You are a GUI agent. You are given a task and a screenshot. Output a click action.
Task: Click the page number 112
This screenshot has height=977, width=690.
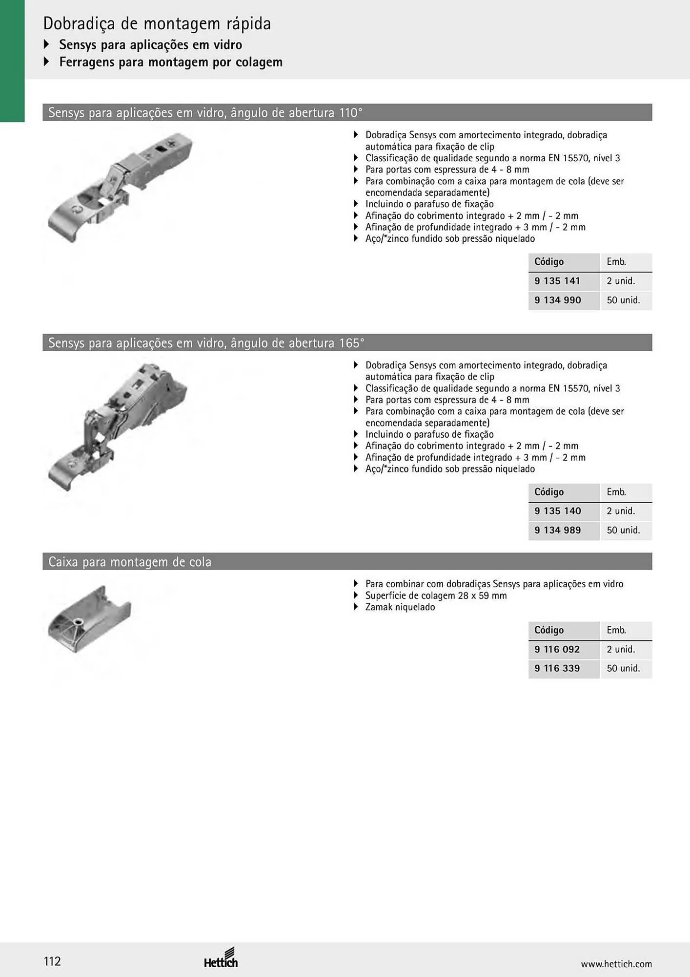[x=52, y=961]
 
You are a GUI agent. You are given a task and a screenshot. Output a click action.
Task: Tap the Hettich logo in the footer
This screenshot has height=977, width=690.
[x=221, y=958]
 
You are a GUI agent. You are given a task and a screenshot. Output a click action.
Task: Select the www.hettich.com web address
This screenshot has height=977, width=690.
[x=616, y=964]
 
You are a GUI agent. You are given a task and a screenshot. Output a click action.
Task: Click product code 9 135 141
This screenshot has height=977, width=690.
[x=557, y=281]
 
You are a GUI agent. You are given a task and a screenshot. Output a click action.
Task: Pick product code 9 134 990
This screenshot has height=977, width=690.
[x=558, y=300]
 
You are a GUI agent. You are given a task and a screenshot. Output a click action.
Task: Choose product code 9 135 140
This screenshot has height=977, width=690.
[x=558, y=511]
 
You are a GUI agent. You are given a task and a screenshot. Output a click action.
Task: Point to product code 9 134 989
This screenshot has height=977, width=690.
[x=558, y=530]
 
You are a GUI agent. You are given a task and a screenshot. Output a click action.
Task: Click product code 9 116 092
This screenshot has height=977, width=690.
[x=557, y=649]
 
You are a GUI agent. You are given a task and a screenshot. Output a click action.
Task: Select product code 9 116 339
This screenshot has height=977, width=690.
[x=557, y=668]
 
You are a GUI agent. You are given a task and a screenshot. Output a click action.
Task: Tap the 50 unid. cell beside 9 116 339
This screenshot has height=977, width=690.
[x=623, y=668]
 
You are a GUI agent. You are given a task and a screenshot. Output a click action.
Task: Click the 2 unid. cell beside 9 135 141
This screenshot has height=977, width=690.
[x=621, y=281]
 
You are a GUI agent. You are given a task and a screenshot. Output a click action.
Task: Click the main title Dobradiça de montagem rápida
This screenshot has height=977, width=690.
[x=157, y=23]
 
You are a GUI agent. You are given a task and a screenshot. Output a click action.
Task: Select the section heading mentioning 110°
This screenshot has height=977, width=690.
[x=205, y=113]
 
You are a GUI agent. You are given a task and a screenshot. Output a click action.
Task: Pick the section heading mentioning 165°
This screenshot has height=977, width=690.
[x=206, y=343]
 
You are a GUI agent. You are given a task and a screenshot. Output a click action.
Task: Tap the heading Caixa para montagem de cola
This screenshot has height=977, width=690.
[x=130, y=562]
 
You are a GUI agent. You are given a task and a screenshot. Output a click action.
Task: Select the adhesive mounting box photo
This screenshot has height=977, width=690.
[x=89, y=619]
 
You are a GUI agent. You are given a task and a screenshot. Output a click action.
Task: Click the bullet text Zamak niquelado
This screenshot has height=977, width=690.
[x=400, y=607]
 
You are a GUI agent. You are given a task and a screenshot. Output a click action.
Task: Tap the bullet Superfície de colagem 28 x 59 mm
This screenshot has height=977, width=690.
[x=436, y=595]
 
